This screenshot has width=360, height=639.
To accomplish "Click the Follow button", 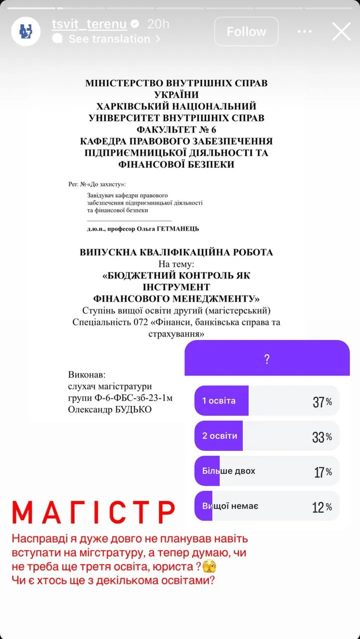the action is pyautogui.click(x=246, y=32).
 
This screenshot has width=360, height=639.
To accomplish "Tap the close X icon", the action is pyautogui.click(x=342, y=31).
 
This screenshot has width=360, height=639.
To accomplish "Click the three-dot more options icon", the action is pyautogui.click(x=304, y=31).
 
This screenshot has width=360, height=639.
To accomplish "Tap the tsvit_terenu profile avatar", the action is pyautogui.click(x=26, y=31).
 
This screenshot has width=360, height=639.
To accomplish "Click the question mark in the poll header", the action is pyautogui.click(x=267, y=359).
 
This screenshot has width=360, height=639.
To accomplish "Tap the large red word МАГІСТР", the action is pyautogui.click(x=93, y=513).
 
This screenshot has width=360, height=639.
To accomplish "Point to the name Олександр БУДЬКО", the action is pyautogui.click(x=109, y=409).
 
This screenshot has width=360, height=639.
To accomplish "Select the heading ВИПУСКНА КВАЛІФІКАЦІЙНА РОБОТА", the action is pyautogui.click(x=176, y=252).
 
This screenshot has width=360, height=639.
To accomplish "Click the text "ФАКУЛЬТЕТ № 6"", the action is pyautogui.click(x=176, y=129).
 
